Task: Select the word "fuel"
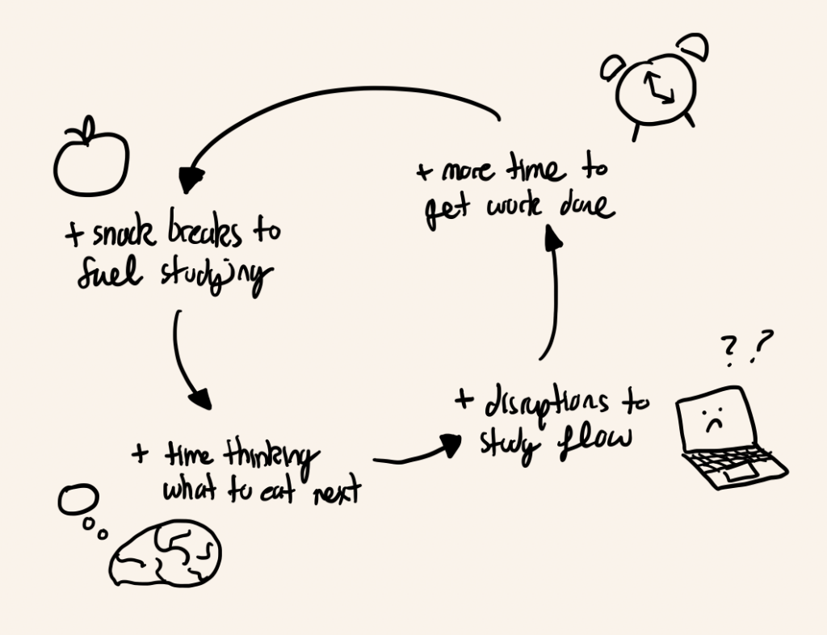coord(110,273)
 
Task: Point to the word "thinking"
coord(271,456)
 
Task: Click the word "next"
coord(337,491)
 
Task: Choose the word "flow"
coord(594,441)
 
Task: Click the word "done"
coord(587,205)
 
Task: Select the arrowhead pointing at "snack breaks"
coord(190,180)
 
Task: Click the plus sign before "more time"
coord(424,171)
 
